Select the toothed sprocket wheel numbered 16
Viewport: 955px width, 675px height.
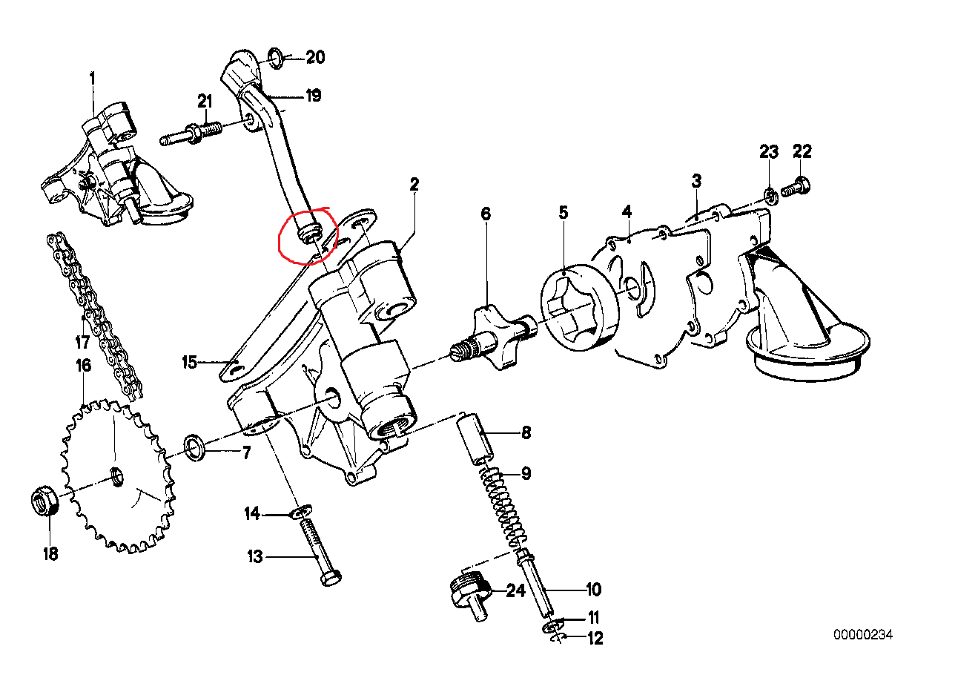pos(115,475)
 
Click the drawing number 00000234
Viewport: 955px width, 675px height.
pos(863,635)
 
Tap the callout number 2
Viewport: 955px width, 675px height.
pos(414,183)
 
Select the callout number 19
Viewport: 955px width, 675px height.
pos(313,96)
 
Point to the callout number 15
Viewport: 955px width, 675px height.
pos(189,362)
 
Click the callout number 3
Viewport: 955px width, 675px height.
pos(696,180)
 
